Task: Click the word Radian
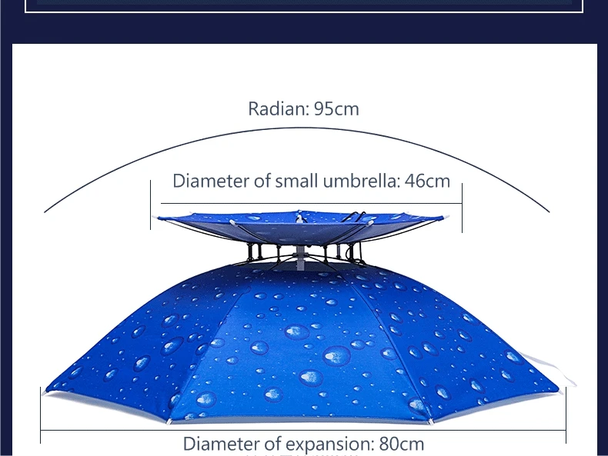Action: pyautogui.click(x=276, y=108)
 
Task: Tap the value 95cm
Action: pyautogui.click(x=336, y=108)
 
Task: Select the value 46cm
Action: pyautogui.click(x=427, y=181)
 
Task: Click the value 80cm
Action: pyautogui.click(x=401, y=444)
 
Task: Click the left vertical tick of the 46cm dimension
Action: pyautogui.click(x=151, y=205)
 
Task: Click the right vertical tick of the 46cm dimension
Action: pyautogui.click(x=462, y=208)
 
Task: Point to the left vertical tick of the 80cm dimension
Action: pyautogui.click(x=41, y=415)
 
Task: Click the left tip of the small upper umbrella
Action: pyautogui.click(x=157, y=218)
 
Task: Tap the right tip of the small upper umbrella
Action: pyautogui.click(x=445, y=218)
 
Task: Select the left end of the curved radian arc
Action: pyautogui.click(x=45, y=211)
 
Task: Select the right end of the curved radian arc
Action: pyautogui.click(x=550, y=211)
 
